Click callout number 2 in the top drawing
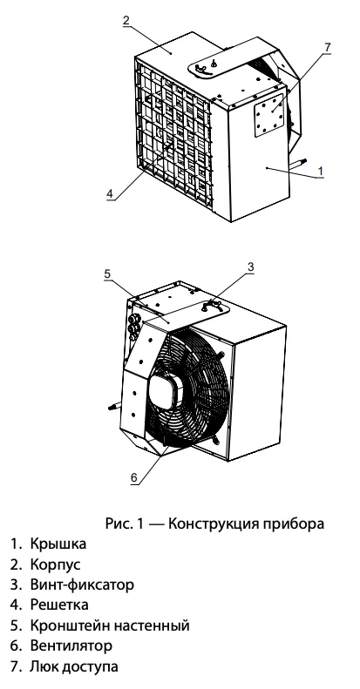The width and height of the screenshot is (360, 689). coord(126,21)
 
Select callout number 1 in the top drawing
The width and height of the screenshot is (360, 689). coord(321,171)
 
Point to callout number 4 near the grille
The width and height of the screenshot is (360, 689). coord(110,193)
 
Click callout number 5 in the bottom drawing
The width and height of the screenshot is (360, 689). coord(108,274)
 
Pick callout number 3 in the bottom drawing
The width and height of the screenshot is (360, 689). coord(250,267)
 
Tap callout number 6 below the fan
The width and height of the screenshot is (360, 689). coord(134,476)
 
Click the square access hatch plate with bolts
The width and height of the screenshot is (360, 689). coord(269,115)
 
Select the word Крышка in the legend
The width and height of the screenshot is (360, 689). coord(58,544)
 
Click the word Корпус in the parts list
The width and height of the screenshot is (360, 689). coord(56,564)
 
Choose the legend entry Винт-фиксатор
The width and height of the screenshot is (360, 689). coord(82,584)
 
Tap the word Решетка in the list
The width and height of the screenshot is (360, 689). coord(59,605)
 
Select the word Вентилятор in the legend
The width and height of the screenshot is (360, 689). coord(71,646)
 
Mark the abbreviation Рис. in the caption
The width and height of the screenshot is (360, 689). coord(118,524)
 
